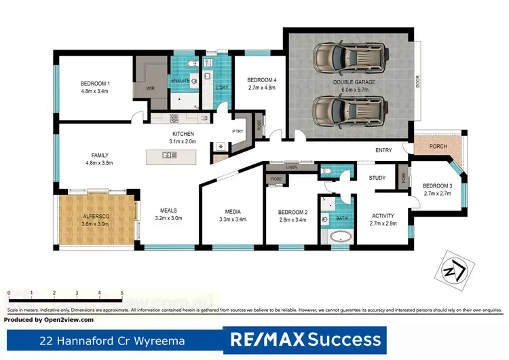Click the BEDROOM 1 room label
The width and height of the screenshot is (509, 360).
click(x=95, y=84)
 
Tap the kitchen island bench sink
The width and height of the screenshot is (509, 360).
click(x=166, y=156)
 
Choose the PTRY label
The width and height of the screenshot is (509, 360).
click(x=238, y=130)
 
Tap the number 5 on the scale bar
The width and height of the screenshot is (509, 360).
click(x=122, y=292)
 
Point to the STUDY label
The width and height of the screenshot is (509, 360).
click(x=377, y=178)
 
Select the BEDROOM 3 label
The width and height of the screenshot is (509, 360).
click(x=437, y=185)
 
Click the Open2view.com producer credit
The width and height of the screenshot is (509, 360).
click(x=49, y=319)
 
